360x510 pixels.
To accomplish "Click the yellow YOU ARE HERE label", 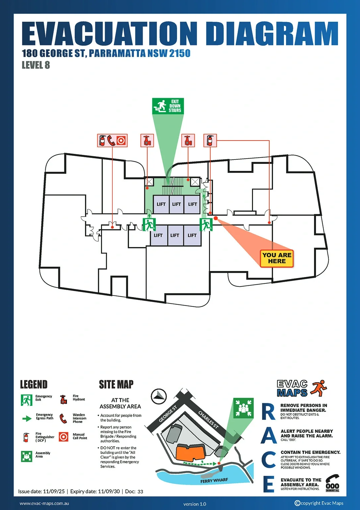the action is click(x=277, y=258).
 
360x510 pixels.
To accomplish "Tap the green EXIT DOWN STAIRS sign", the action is click(x=168, y=106).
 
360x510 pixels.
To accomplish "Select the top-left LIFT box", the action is click(x=161, y=204).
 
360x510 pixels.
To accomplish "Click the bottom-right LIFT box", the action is click(x=192, y=236).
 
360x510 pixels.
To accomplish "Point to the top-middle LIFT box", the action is click(x=176, y=204).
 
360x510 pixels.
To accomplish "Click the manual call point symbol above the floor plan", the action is click(x=122, y=141).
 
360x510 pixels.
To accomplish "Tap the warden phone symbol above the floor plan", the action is click(x=111, y=141).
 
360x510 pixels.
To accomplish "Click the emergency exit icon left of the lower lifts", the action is click(x=149, y=225).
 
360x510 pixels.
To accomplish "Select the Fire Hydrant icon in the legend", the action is click(x=63, y=399).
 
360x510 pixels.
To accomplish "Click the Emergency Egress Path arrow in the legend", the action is click(x=27, y=419).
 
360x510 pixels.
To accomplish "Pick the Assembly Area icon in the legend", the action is click(x=27, y=456).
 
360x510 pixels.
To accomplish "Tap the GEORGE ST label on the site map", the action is click(x=168, y=414).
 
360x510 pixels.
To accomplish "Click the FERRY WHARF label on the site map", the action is click(x=214, y=481).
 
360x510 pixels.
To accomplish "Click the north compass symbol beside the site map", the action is click(x=159, y=396).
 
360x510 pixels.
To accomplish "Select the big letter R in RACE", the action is click(x=268, y=412).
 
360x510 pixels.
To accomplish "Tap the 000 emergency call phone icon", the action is click(x=332, y=483).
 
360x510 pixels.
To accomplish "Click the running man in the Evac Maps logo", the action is click(x=319, y=388).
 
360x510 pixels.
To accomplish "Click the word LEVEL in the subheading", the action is click(x=32, y=65).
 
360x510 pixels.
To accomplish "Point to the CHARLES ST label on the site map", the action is click(x=208, y=420).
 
